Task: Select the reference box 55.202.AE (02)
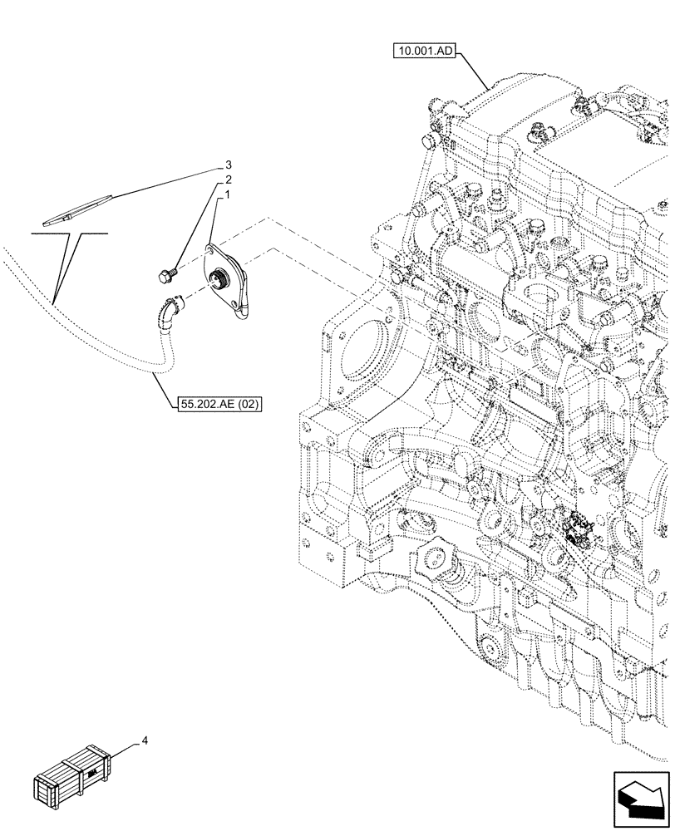pos(219,405)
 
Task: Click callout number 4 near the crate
pos(146,739)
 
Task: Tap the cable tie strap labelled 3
pos(79,208)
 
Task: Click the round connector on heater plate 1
pos(222,280)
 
